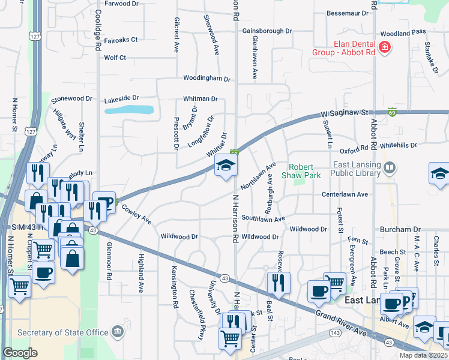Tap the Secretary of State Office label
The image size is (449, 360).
(63, 332)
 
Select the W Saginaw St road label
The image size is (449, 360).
(345, 112)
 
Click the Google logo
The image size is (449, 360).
(20, 353)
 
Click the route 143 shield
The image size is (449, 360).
(334, 332)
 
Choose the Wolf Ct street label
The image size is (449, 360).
(115, 58)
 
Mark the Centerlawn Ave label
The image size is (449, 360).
(345, 194)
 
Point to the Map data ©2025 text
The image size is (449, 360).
(423, 355)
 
